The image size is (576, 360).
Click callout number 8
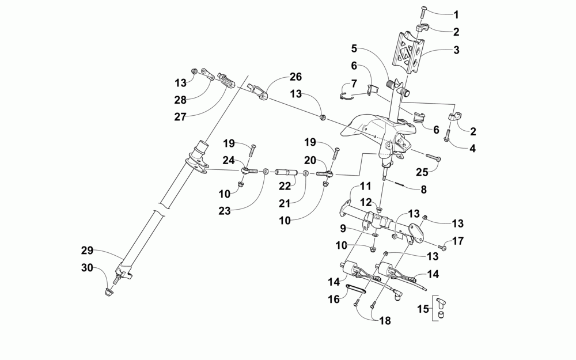[424, 190]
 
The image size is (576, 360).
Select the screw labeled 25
[433, 157]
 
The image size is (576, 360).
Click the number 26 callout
[295, 77]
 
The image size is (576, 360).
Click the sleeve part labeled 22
[286, 172]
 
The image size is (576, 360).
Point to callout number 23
[225, 211]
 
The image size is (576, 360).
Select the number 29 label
[87, 251]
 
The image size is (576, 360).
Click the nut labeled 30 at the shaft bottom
[109, 293]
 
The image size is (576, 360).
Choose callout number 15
[423, 310]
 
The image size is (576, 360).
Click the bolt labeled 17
[444, 248]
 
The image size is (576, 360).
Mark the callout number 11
[366, 187]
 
